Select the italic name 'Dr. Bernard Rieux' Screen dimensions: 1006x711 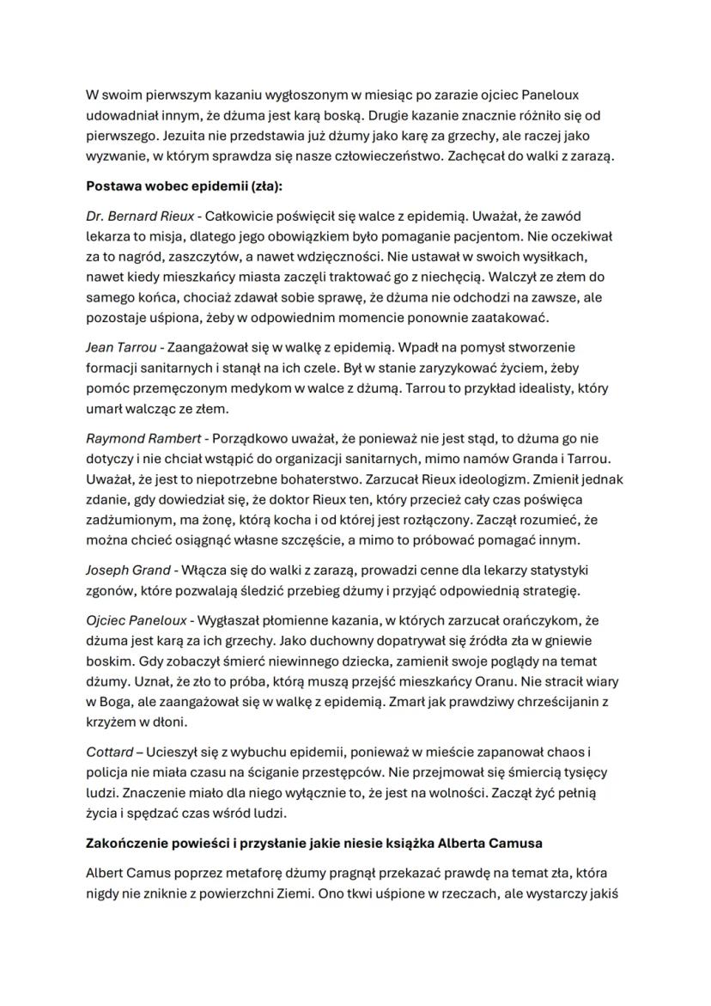click(140, 216)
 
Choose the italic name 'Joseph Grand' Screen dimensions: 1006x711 click(127, 570)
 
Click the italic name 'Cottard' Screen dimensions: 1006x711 click(109, 752)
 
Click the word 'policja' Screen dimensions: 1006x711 click(106, 772)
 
